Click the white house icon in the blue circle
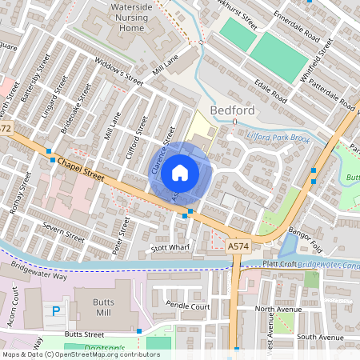tap(180, 172)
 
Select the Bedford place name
tap(232, 110)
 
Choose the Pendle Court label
tap(188, 306)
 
